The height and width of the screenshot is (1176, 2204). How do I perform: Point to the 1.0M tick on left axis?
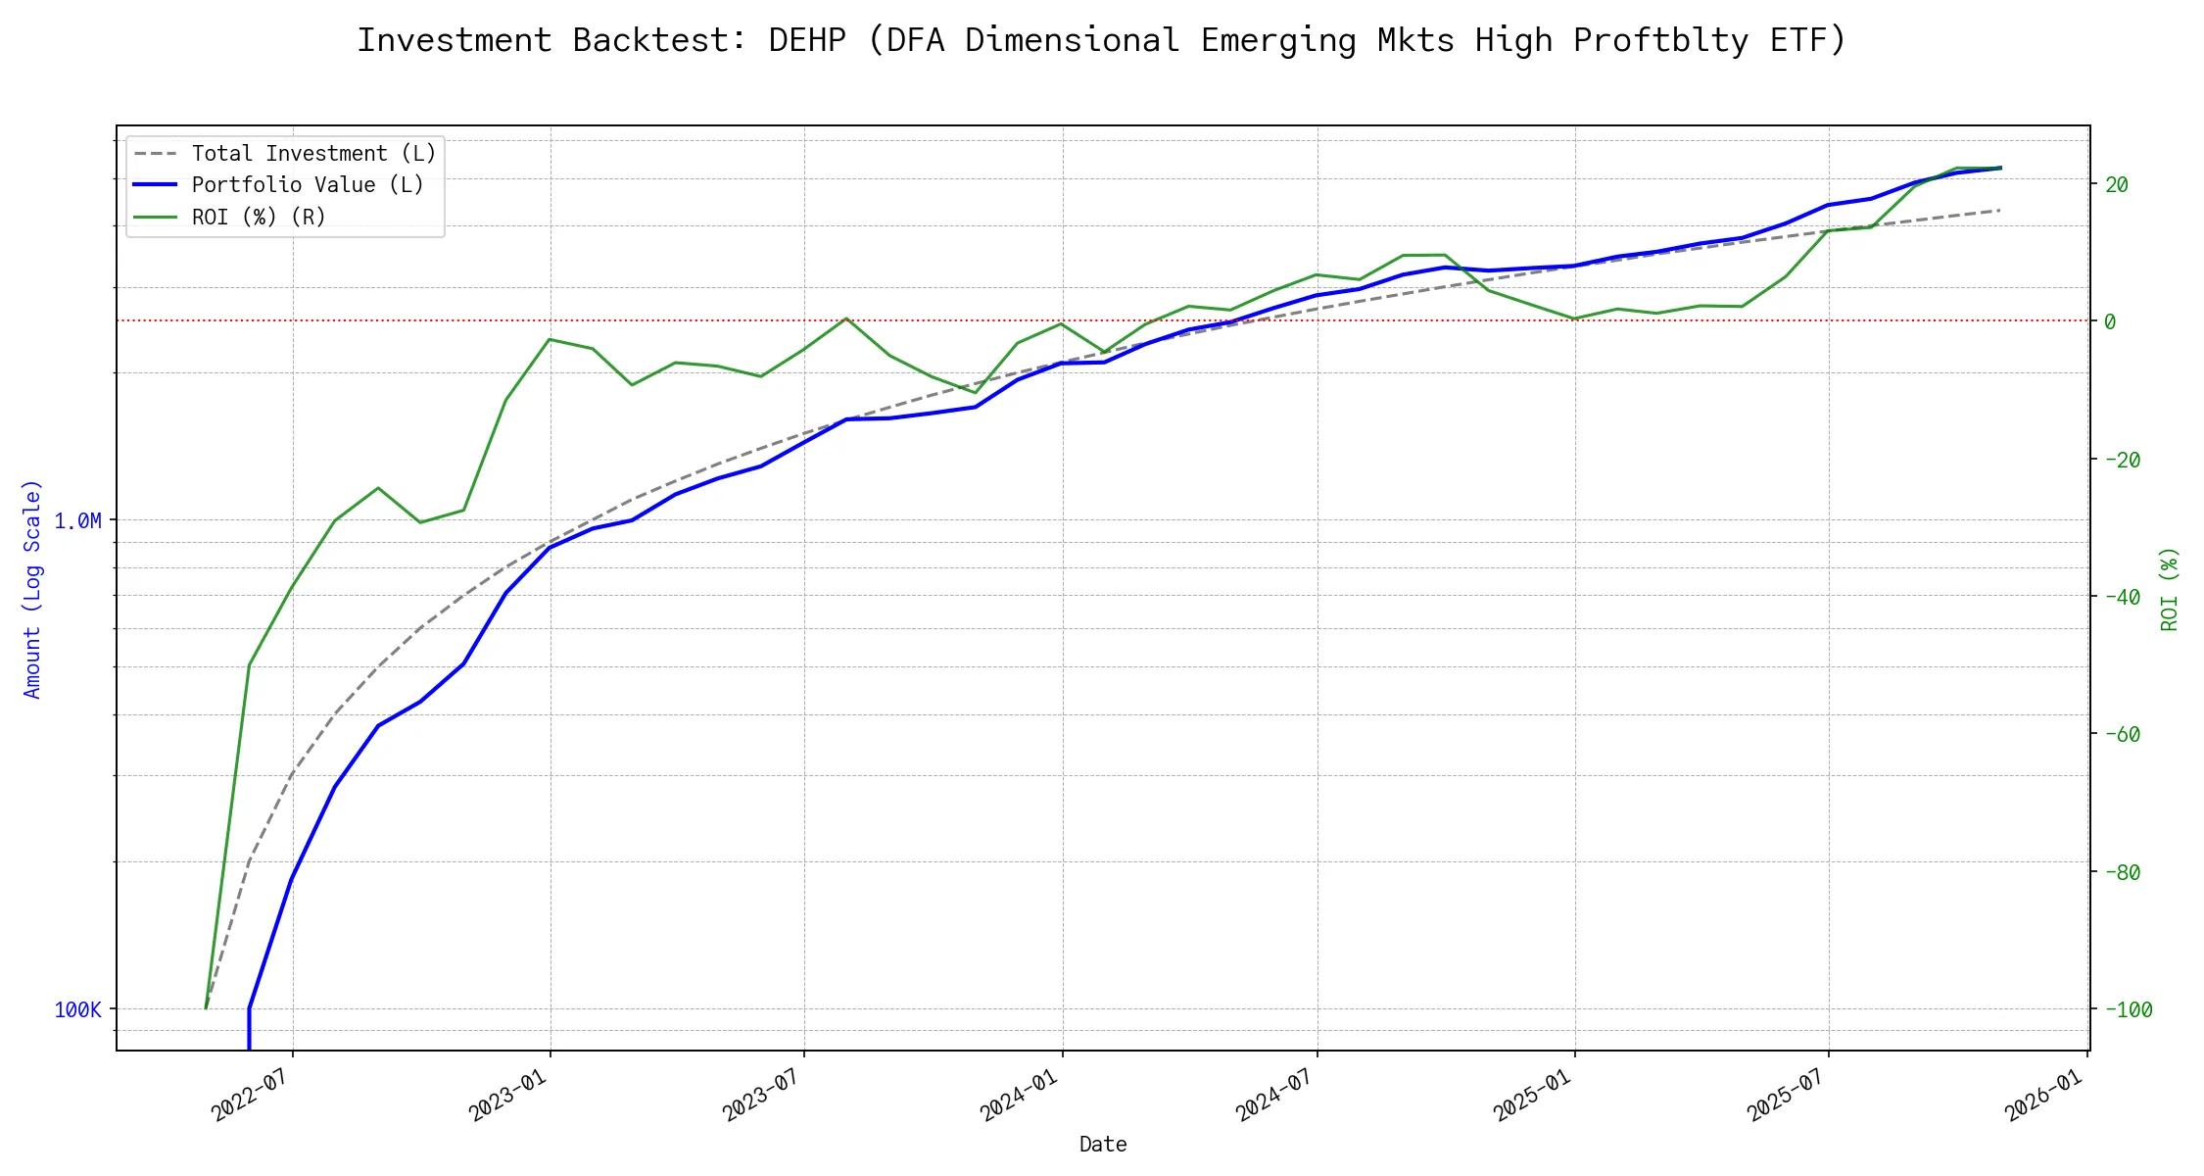77,521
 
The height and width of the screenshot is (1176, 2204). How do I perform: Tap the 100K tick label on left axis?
77,1010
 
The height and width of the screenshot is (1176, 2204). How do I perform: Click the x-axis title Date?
1103,1145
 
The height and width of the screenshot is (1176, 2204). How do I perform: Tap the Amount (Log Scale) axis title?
32,589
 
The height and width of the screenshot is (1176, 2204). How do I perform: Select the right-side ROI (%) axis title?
2170,589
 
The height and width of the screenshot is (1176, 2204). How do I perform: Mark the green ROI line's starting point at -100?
206,1007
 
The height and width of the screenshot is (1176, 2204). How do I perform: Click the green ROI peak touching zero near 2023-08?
845,318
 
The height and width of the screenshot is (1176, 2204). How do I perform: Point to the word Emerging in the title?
1278,40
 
